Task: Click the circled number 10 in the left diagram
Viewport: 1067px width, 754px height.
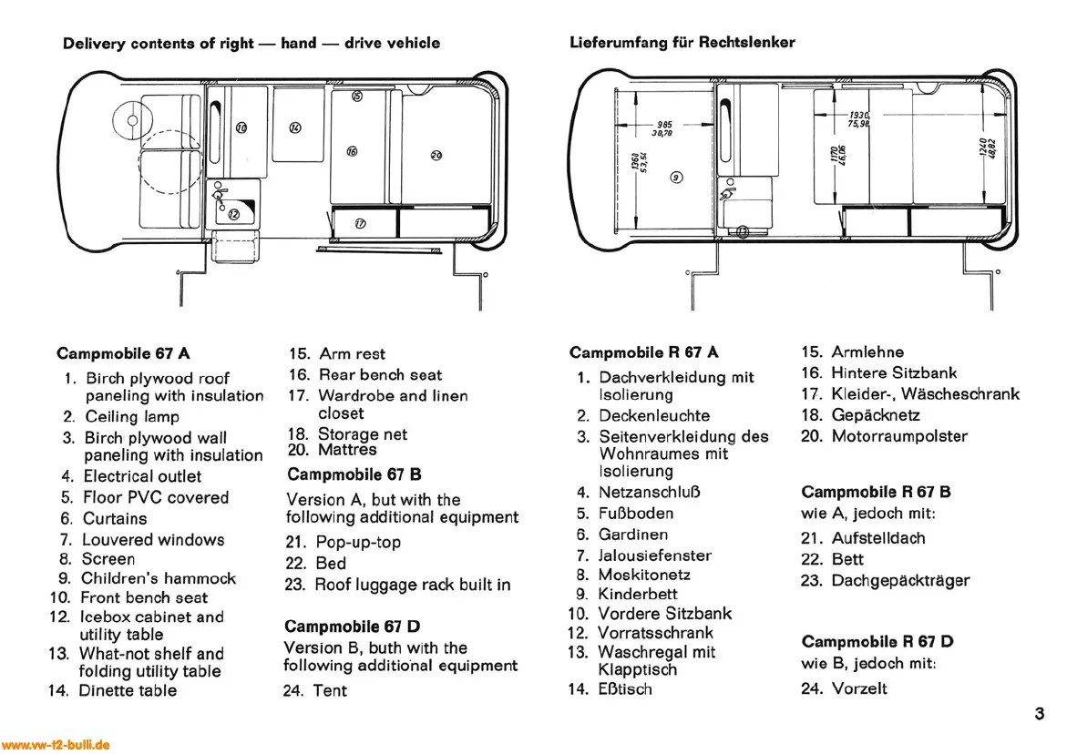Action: [241, 128]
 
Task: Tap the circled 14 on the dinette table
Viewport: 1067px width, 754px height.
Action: [295, 128]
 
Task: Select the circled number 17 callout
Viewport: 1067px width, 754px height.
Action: [359, 223]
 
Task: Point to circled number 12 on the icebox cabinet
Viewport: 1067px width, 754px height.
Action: [233, 214]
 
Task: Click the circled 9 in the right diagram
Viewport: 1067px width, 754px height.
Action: [675, 178]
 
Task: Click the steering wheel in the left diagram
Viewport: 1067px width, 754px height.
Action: [132, 120]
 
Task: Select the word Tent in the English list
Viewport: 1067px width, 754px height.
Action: [330, 691]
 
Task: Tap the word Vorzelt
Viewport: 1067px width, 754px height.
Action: [859, 689]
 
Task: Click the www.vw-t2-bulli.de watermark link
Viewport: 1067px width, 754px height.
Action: [56, 745]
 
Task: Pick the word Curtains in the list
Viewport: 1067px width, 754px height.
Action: [115, 519]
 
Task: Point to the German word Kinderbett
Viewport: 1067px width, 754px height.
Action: [638, 595]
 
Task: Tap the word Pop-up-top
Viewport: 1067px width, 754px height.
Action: [358, 543]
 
